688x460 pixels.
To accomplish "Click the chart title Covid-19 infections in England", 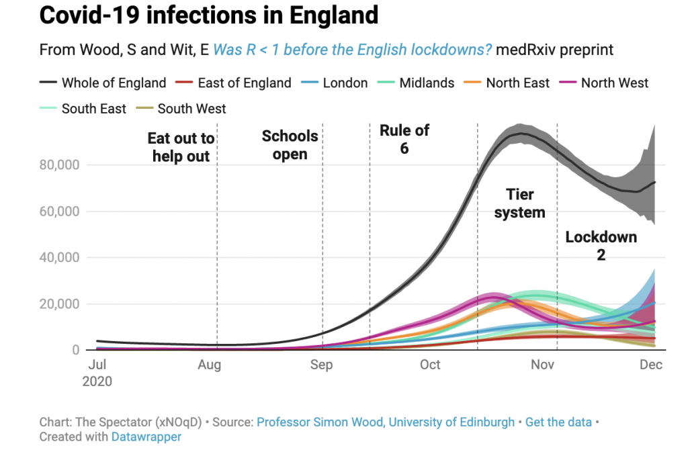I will (209, 15).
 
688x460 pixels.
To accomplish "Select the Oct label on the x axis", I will (430, 365).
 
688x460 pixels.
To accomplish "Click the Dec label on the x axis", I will (651, 365).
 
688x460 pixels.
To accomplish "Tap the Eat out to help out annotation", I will (181, 148).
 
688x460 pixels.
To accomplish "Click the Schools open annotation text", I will (290, 145).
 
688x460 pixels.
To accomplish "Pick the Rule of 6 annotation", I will (404, 139).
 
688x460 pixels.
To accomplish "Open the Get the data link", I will (558, 422).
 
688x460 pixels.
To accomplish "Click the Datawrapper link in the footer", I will (145, 436).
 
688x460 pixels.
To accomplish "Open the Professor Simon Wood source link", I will (386, 422).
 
